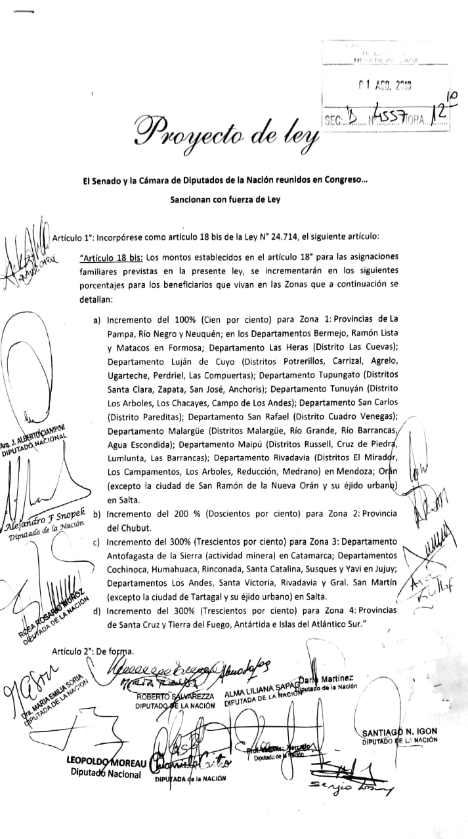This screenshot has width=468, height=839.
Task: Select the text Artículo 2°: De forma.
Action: tap(93, 651)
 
